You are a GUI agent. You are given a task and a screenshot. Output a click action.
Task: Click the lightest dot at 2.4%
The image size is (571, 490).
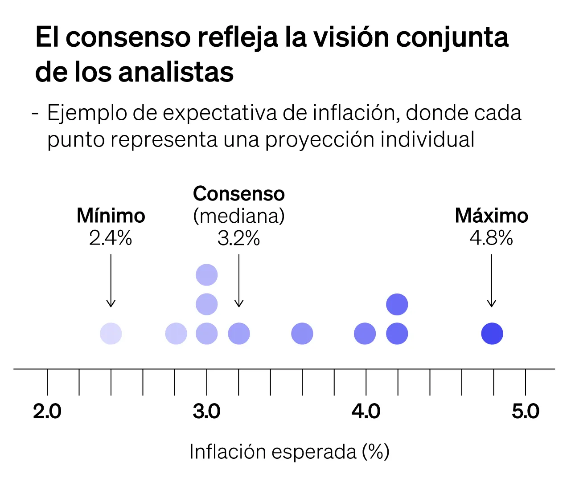click(x=111, y=334)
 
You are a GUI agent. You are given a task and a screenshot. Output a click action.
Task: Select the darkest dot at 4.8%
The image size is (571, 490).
click(x=492, y=334)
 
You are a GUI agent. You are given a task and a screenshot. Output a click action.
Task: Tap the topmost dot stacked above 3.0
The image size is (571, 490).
click(x=207, y=274)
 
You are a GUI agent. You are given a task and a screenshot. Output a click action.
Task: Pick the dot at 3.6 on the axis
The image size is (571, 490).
click(x=302, y=334)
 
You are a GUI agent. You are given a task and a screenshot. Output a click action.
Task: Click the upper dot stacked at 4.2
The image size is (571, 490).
click(x=397, y=305)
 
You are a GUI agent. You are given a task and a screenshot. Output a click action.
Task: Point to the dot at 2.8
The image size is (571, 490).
click(x=176, y=334)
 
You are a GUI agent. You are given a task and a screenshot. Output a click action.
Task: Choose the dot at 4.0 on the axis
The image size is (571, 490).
click(x=365, y=334)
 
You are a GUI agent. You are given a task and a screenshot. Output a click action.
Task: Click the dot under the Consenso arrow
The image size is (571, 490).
click(x=239, y=334)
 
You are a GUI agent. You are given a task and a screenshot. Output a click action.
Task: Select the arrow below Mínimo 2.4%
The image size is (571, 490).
click(x=111, y=281)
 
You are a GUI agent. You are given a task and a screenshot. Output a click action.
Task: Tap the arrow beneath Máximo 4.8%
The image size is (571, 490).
click(x=491, y=281)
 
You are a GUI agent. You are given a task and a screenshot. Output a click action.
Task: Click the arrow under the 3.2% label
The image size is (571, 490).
click(x=239, y=281)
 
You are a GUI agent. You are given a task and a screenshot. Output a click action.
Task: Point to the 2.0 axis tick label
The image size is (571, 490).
click(x=47, y=412)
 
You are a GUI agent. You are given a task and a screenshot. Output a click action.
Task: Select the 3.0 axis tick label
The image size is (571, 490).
click(x=206, y=412)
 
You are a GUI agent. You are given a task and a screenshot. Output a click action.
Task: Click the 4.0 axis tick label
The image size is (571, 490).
click(x=366, y=412)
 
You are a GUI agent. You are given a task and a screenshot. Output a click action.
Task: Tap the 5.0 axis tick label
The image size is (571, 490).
click(x=525, y=412)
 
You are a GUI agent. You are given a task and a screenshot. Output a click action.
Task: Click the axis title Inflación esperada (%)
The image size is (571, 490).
click(x=289, y=452)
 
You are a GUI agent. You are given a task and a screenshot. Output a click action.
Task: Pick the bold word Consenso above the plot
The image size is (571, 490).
click(x=239, y=194)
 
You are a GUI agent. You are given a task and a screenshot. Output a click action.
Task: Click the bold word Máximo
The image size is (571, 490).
click(x=491, y=216)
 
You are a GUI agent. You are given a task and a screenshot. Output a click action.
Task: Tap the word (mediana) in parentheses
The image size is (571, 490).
click(x=239, y=216)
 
